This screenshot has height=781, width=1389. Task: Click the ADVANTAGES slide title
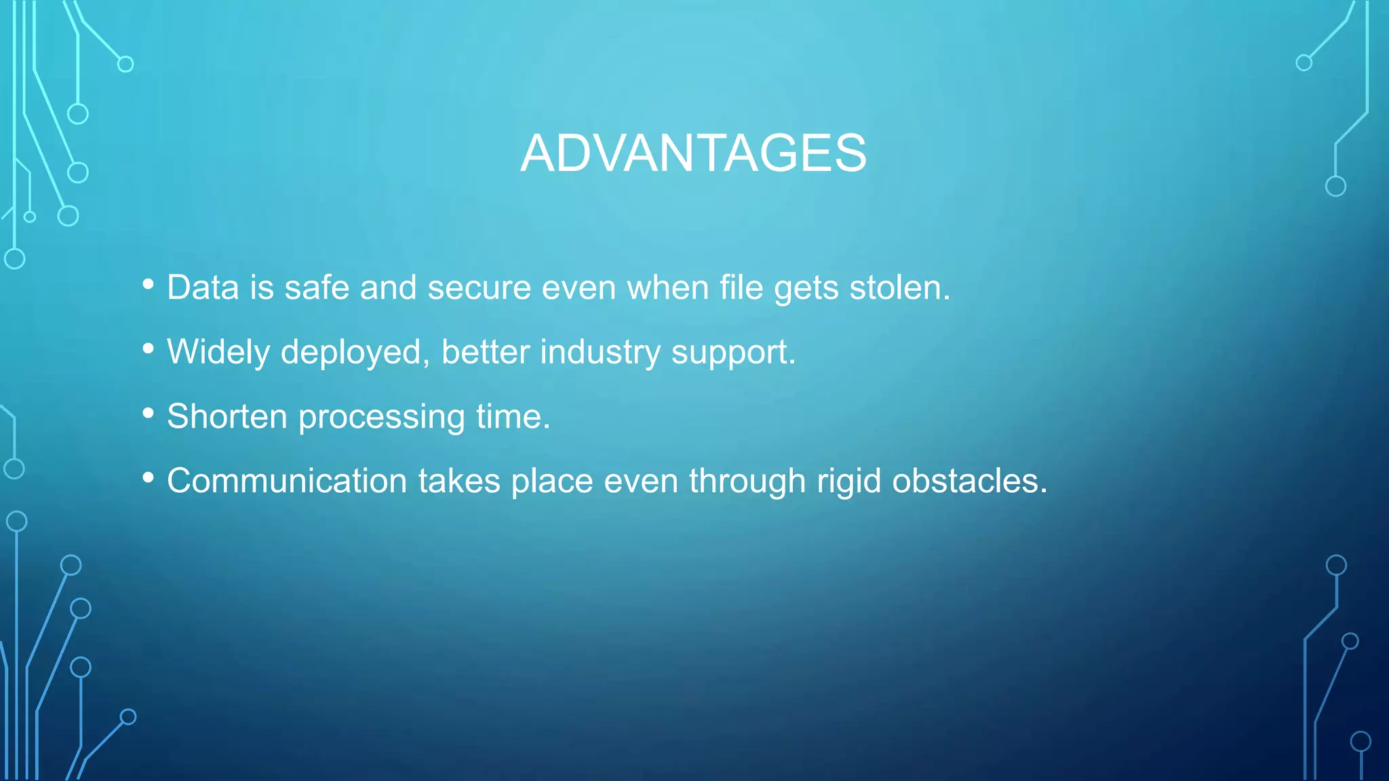693,153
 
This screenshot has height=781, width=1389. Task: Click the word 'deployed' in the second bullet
355,353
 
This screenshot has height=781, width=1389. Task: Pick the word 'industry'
600,353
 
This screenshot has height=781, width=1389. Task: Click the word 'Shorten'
227,416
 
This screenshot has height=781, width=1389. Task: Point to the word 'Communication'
287,481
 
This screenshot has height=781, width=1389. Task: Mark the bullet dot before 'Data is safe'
149,284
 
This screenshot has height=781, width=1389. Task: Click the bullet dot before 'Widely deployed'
149,348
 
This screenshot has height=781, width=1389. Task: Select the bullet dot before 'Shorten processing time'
149,413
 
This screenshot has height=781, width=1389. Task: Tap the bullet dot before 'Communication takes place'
149,477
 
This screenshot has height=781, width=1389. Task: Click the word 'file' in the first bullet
741,287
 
